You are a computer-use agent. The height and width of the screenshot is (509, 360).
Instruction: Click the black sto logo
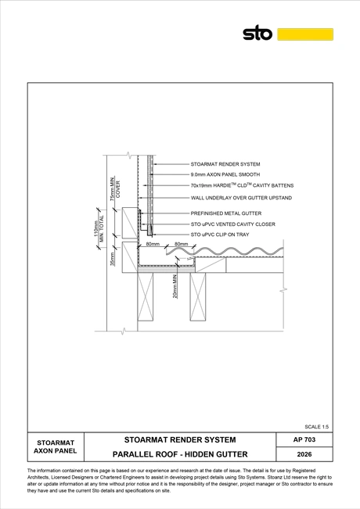click(x=257, y=33)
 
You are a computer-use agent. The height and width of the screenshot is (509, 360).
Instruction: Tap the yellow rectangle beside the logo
click(x=305, y=34)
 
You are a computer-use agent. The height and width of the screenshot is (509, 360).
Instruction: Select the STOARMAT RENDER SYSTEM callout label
click(x=225, y=164)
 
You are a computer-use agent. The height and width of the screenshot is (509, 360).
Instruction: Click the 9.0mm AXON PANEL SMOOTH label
click(x=225, y=174)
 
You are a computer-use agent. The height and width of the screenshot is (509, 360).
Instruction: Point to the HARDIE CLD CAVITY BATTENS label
click(x=242, y=185)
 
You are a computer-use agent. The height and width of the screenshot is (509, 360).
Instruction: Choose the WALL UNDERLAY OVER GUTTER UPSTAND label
click(x=241, y=198)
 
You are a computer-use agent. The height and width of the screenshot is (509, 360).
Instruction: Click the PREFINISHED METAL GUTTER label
click(x=226, y=213)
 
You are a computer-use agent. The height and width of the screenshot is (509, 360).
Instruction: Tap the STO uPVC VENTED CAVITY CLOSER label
click(x=232, y=224)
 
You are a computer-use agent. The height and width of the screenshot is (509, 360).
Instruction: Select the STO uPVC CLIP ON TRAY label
click(x=220, y=235)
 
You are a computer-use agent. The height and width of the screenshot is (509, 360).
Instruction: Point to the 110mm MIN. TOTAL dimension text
click(x=99, y=229)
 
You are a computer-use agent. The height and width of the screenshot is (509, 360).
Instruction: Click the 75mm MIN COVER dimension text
click(x=115, y=189)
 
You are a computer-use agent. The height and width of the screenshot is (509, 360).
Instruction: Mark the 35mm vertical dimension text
click(x=113, y=259)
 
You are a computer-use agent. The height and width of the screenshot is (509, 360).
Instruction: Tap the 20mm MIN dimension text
click(x=175, y=286)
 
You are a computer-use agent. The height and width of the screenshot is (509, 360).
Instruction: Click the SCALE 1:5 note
click(x=316, y=427)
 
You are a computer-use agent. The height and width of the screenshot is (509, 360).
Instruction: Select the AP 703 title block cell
click(x=304, y=439)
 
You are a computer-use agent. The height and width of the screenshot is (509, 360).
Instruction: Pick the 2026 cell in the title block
click(x=304, y=454)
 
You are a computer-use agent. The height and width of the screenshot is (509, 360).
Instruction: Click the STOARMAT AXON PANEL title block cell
click(x=56, y=446)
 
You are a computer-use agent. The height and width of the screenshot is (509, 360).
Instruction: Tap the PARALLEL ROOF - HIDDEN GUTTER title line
click(x=180, y=454)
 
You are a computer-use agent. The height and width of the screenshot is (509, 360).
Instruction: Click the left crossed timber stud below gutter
click(x=146, y=296)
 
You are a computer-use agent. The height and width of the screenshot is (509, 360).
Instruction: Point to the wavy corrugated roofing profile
click(x=225, y=251)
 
